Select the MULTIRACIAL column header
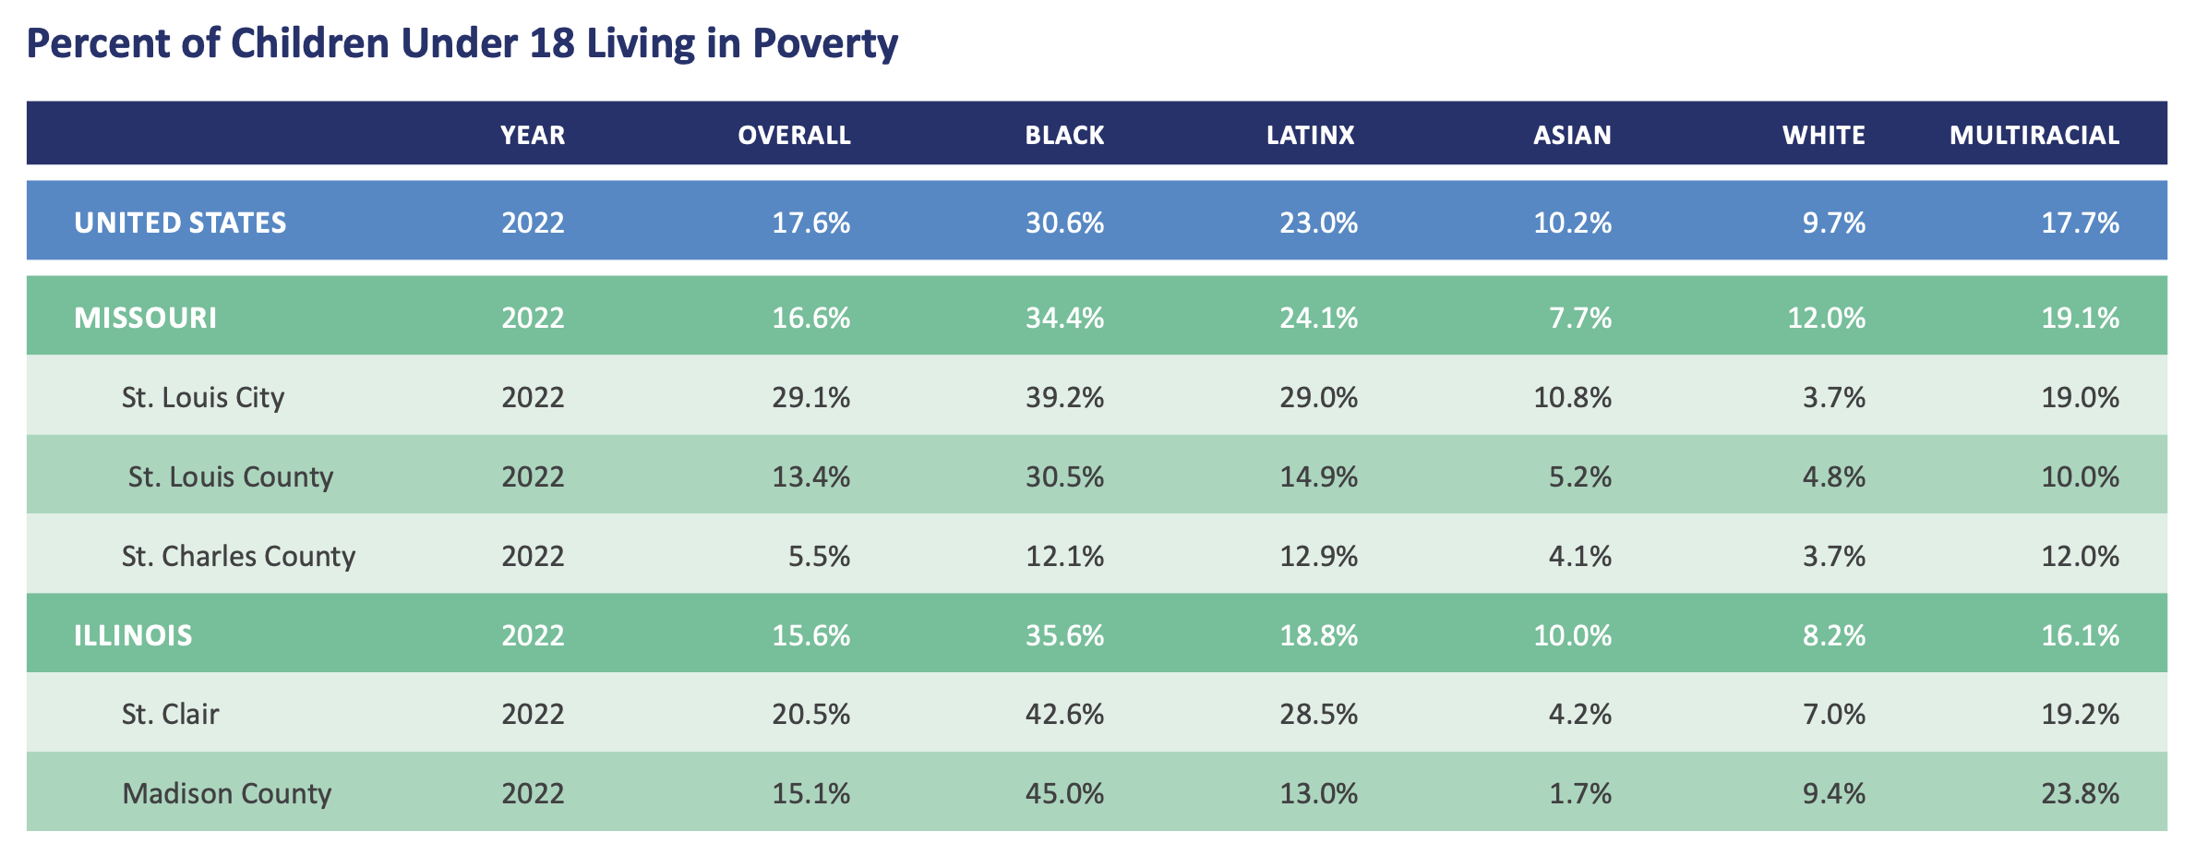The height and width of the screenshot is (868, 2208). click(x=2034, y=135)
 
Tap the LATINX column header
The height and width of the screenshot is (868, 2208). click(x=1310, y=135)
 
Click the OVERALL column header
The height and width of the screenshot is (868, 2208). click(x=794, y=135)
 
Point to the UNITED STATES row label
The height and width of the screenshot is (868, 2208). click(x=180, y=223)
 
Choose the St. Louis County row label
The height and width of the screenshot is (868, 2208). click(x=230, y=476)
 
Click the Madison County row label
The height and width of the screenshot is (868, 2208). click(x=226, y=793)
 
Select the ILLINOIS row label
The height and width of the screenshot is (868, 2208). click(x=133, y=635)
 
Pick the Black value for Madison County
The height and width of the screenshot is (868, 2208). click(x=1064, y=793)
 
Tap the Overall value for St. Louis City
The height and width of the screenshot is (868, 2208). click(x=810, y=397)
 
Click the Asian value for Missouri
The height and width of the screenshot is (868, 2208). click(x=1580, y=318)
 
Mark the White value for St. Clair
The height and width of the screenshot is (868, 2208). click(x=1834, y=714)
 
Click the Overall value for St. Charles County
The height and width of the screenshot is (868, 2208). click(x=819, y=556)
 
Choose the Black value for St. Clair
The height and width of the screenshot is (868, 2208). click(x=1064, y=714)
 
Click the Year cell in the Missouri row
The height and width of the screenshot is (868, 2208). click(x=533, y=318)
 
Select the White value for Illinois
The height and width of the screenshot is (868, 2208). click(x=1834, y=635)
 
